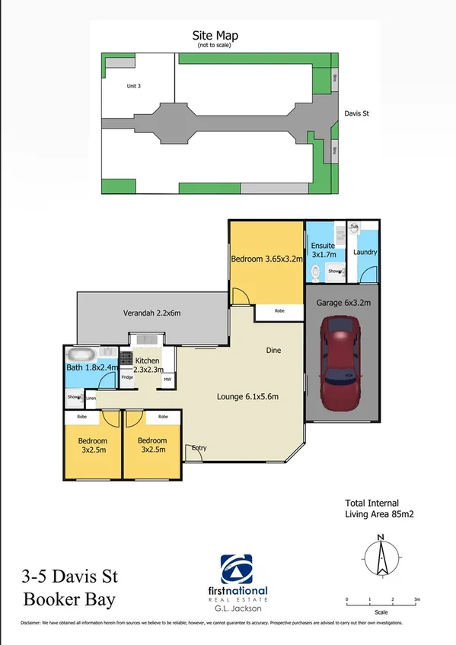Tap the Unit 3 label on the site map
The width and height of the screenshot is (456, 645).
(134, 86)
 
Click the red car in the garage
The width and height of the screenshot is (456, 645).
(340, 357)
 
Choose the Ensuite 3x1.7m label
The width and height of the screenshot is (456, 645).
(324, 250)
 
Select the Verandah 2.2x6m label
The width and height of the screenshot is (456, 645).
(151, 313)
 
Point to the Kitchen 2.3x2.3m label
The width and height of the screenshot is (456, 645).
(147, 364)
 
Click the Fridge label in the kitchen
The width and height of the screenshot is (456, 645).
(127, 377)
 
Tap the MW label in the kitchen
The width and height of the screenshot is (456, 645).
(167, 377)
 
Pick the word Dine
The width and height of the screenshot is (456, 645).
(274, 351)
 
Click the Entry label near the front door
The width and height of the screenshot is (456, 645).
(199, 447)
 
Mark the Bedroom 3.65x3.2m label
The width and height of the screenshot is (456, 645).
(266, 259)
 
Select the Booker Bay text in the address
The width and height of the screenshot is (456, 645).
(70, 599)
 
